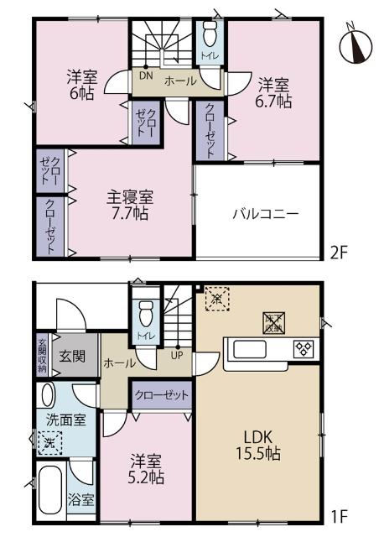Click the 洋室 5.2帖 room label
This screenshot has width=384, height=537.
click(x=146, y=469)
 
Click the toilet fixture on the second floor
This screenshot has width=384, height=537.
click(x=209, y=35)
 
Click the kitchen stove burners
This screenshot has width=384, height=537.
click(x=302, y=347)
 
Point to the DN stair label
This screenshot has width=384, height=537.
click(x=146, y=76)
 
